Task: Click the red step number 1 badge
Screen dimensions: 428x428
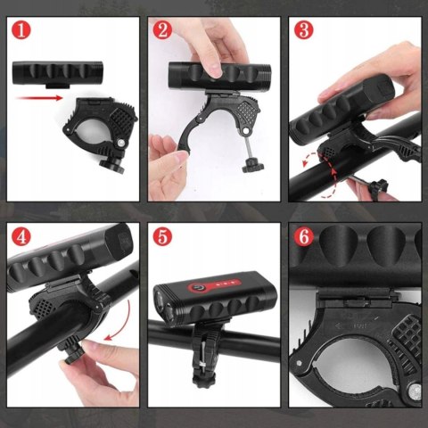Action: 21,31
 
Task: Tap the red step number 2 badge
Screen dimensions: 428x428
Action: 162,31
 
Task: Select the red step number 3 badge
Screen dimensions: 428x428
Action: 304,31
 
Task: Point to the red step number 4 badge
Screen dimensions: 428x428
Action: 21,237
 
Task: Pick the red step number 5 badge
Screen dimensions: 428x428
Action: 162,237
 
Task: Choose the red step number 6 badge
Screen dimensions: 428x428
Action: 304,237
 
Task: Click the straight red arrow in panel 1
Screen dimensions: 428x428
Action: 39,98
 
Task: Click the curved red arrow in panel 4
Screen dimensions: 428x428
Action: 123,321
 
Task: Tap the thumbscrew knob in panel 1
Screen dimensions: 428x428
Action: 112,165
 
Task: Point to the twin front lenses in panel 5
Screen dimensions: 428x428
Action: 164,305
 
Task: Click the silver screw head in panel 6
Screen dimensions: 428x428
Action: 415,390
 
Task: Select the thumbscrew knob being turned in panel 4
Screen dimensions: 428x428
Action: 73,355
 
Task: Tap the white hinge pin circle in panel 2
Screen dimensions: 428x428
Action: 245,130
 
